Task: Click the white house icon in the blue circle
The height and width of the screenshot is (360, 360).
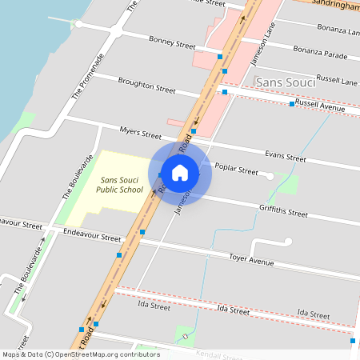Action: [180, 172]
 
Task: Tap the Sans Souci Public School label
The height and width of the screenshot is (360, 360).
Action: [120, 186]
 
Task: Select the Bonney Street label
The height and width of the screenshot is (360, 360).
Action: [172, 43]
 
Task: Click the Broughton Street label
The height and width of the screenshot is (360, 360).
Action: [146, 85]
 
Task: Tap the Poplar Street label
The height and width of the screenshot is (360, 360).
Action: [237, 170]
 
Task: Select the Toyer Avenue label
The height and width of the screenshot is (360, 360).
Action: [251, 260]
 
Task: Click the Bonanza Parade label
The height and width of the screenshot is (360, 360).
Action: [320, 54]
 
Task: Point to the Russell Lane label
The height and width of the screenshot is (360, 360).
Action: [337, 80]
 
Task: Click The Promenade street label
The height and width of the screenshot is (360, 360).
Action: [88, 76]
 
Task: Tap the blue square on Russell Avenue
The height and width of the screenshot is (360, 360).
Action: [292, 104]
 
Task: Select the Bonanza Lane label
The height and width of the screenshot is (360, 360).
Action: [337, 30]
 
